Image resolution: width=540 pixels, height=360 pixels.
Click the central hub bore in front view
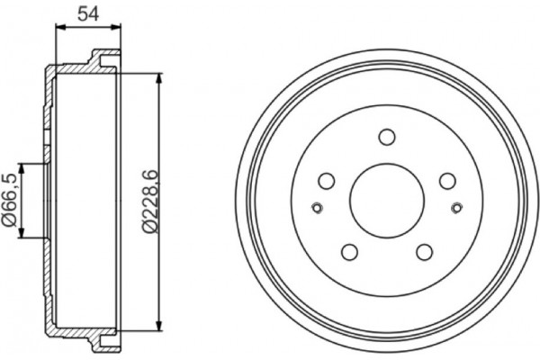pos(386,196)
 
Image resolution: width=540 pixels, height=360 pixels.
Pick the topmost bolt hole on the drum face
pos(387,137)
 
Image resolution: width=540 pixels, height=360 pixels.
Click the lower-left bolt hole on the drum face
pos(351,251)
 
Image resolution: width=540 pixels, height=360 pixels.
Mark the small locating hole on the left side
pos(315,210)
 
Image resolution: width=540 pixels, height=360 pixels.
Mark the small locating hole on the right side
pos(458,210)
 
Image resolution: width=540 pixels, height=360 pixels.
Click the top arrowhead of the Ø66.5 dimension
pos(25,166)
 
